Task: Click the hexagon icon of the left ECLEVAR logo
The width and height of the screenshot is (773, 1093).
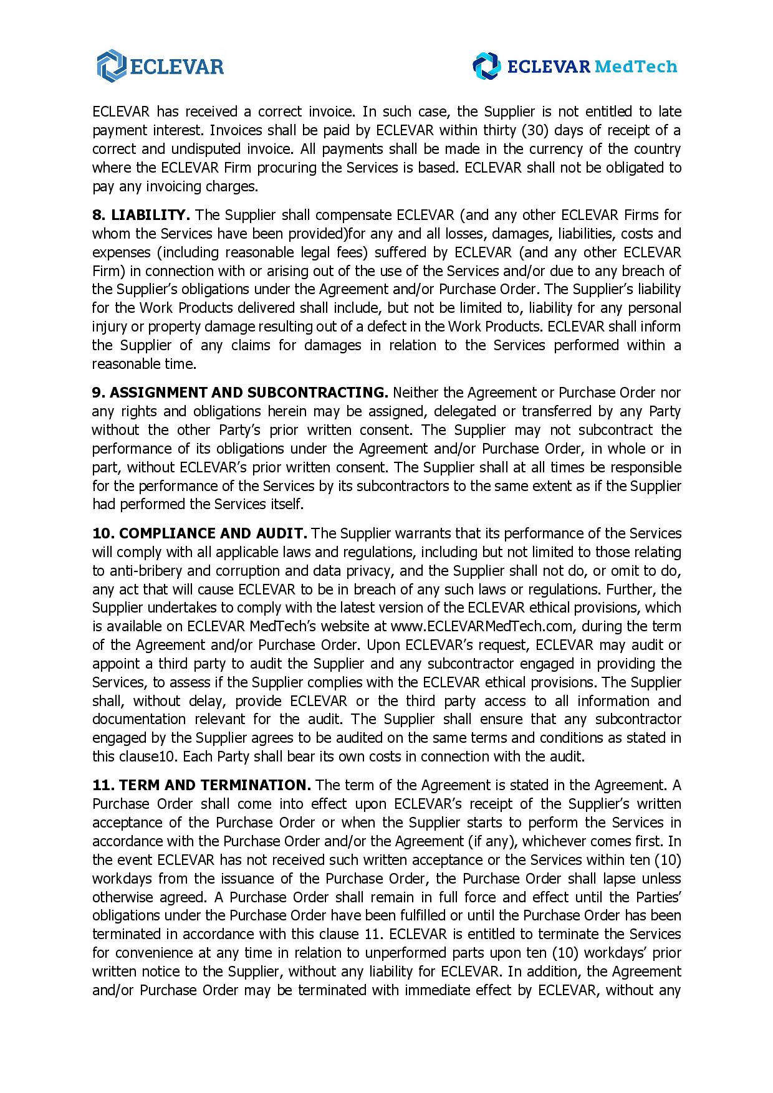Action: pyautogui.click(x=110, y=65)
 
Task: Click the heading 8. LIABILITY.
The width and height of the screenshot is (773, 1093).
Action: pyautogui.click(x=141, y=215)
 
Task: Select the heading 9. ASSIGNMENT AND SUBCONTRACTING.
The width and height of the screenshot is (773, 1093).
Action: pyautogui.click(x=240, y=393)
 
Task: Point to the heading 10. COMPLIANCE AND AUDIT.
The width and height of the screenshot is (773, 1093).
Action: pyautogui.click(x=199, y=533)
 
